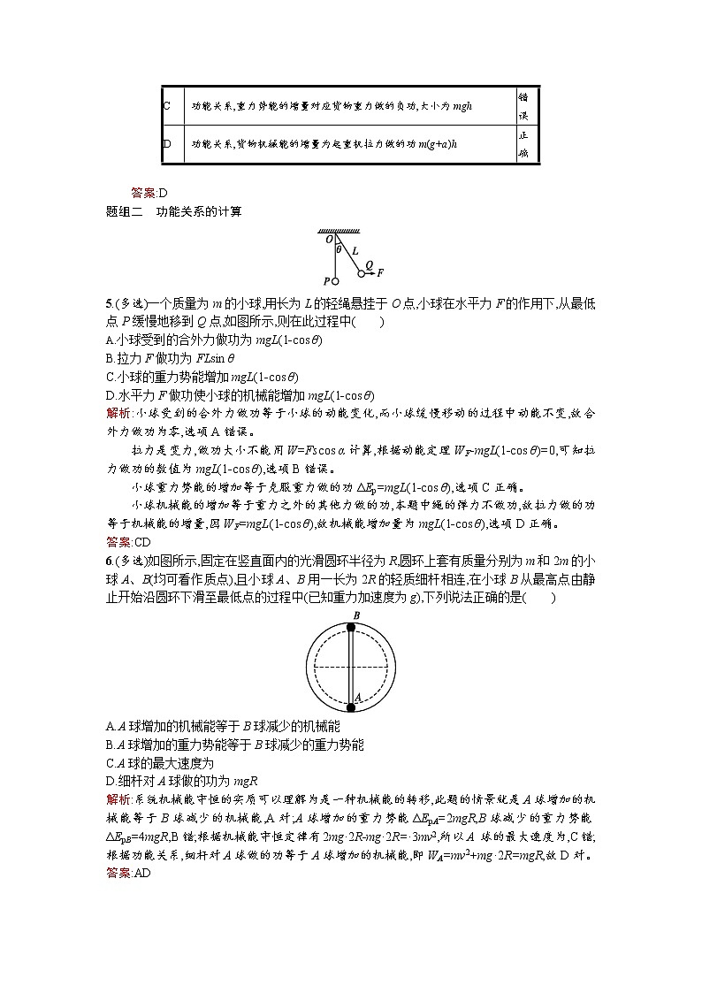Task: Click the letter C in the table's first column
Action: (167, 105)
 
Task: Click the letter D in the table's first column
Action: (167, 143)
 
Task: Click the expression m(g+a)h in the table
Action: (435, 143)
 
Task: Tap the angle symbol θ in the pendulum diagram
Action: (340, 249)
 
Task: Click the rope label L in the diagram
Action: (354, 251)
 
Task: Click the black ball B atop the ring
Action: (351, 628)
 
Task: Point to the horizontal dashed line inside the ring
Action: (351, 666)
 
